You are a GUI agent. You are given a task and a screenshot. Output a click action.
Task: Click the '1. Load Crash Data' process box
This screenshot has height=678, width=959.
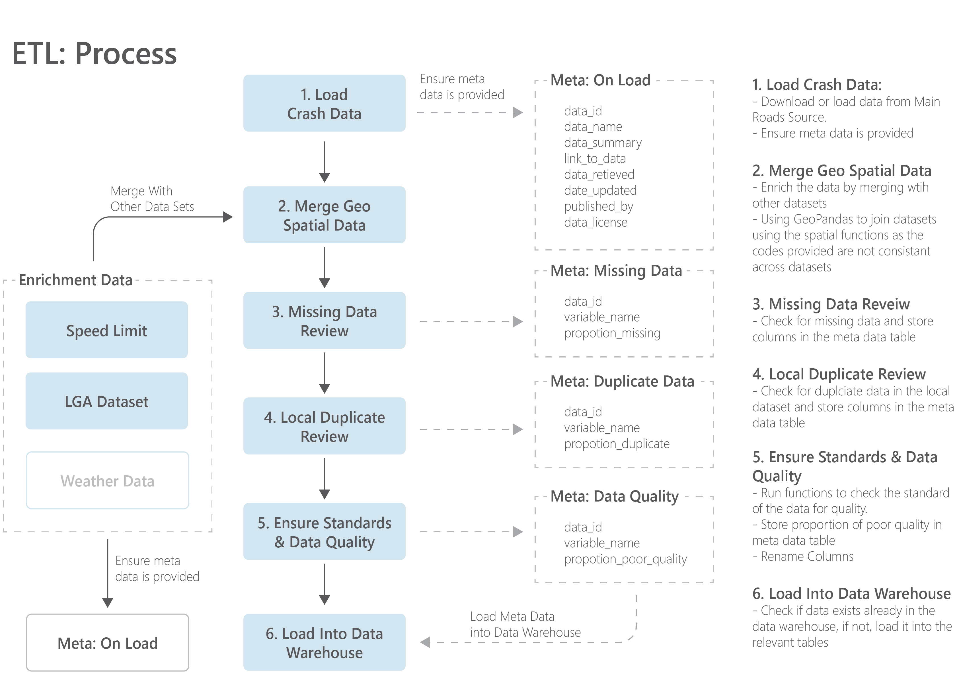[324, 103]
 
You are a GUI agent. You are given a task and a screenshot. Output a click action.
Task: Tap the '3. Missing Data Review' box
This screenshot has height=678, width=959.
[324, 320]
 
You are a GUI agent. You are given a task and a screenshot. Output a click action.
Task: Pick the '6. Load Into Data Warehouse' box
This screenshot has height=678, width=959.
[324, 642]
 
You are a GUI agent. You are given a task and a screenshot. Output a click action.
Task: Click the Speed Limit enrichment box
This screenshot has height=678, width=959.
[106, 330]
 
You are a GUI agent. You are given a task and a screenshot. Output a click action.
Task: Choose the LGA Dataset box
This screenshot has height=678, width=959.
[106, 401]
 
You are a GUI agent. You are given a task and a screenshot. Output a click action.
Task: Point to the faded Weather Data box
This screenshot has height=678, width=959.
[107, 480]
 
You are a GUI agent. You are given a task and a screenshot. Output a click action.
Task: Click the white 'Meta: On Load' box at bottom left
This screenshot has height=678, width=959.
[107, 642]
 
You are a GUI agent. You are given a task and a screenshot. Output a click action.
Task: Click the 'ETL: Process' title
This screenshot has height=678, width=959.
[95, 54]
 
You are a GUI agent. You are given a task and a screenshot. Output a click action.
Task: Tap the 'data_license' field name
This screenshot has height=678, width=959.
[595, 222]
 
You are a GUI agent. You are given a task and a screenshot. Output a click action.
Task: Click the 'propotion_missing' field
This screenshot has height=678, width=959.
[612, 333]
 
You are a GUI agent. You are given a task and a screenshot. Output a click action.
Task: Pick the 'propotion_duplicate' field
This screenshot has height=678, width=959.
[617, 444]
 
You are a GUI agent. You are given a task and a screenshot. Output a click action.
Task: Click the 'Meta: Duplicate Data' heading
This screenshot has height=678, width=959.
[622, 381]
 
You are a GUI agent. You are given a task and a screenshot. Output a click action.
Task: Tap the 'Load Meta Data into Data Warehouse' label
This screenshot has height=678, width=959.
[525, 624]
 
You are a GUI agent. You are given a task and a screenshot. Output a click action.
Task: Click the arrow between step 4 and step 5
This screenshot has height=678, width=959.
[325, 478]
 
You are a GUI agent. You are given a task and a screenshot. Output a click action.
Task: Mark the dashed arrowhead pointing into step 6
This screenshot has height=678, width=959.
[425, 642]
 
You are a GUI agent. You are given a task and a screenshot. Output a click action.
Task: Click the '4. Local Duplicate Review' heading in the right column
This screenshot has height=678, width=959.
[839, 374]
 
